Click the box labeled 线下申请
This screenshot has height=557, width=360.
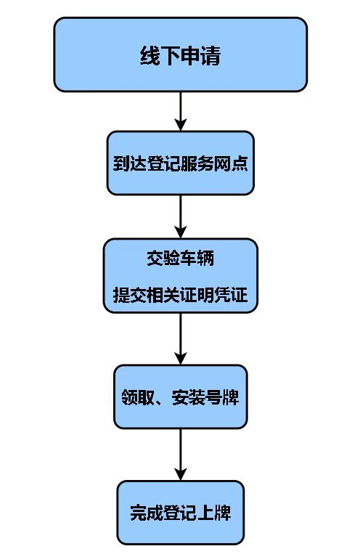click(x=180, y=55)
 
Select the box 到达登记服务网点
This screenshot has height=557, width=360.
click(x=180, y=163)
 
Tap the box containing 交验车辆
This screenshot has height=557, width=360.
click(x=180, y=276)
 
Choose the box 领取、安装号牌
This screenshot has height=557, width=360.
click(x=180, y=397)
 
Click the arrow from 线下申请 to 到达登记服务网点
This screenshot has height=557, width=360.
click(x=180, y=111)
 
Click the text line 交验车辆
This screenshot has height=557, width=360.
click(x=180, y=259)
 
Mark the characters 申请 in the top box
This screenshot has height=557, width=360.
click(x=200, y=56)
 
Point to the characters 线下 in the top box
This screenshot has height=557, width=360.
click(x=160, y=56)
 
